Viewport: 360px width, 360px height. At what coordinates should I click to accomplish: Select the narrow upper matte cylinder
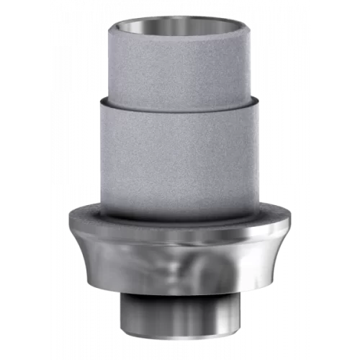(180, 65)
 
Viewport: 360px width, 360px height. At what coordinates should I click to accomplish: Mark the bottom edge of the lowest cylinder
(180, 338)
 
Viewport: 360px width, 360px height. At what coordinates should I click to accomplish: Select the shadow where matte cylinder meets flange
(180, 217)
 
